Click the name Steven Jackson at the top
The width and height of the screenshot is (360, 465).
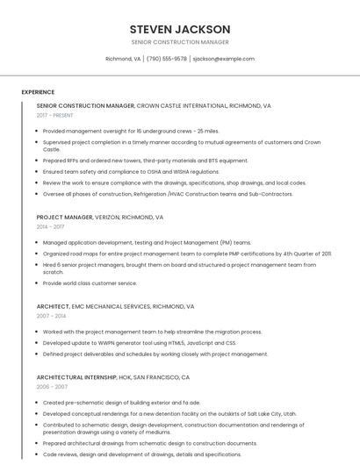point(180,29)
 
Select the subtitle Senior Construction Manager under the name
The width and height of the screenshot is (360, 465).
point(180,42)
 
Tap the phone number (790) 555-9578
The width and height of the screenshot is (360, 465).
point(167,59)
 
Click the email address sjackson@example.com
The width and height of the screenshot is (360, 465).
point(224,59)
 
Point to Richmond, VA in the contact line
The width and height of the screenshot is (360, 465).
point(123,59)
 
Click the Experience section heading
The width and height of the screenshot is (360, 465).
point(38,92)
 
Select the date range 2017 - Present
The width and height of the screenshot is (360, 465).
point(54,115)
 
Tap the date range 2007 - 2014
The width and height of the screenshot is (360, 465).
point(51,316)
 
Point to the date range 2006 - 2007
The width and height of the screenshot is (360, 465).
point(52,386)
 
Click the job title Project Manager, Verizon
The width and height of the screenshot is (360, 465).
point(99,217)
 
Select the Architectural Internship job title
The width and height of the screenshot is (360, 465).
point(112,376)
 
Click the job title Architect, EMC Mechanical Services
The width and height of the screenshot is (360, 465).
point(115,306)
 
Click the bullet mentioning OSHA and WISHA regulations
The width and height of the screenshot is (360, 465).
point(131,172)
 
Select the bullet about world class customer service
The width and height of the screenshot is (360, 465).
point(90,283)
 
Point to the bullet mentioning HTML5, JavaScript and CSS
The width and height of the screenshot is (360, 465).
point(139,343)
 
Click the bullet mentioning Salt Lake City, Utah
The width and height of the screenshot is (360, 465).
point(169,413)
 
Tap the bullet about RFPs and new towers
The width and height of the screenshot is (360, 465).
point(145,161)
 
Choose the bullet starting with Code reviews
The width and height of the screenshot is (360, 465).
point(141,454)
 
